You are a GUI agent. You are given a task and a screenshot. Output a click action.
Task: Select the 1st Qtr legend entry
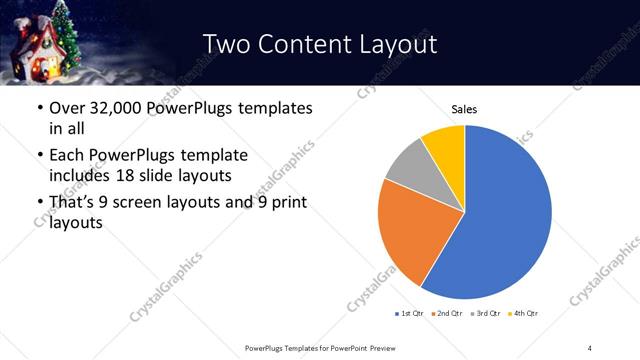click(411, 314)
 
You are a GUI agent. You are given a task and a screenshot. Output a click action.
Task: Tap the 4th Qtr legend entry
click(525, 314)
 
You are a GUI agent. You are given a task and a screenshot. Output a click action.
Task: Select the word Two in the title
click(226, 44)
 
